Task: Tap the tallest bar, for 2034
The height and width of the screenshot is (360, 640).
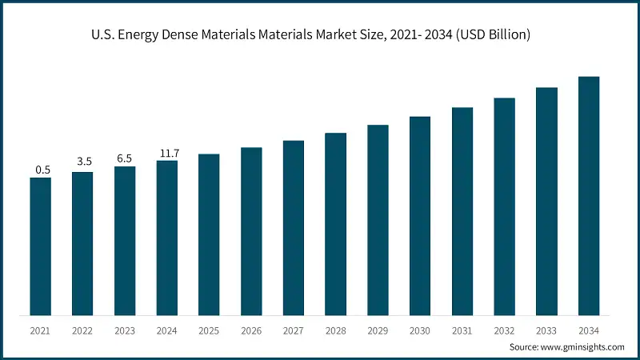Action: coord(589,196)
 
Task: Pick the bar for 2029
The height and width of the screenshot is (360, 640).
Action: coord(378,220)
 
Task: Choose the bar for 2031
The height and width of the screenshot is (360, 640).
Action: coord(462,211)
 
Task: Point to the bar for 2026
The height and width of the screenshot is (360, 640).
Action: coord(251,231)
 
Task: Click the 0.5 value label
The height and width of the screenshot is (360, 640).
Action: coord(41,170)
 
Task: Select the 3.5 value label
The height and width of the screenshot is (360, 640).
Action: coord(83,162)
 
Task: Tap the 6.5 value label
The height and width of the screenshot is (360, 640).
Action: coord(125,158)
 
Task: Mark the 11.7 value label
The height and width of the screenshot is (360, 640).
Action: coord(167,152)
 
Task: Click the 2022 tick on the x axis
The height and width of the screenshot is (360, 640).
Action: coord(83,330)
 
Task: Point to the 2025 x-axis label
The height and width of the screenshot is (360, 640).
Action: coord(209,330)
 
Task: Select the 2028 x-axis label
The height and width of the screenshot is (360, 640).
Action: coord(335,330)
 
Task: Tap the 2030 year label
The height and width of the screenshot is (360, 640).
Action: coord(420,330)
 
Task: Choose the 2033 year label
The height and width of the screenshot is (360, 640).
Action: coord(546,330)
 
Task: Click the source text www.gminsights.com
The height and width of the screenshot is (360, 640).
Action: coord(584,347)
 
